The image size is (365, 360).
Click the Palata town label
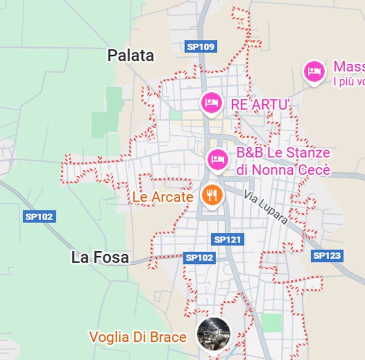pos(130,55)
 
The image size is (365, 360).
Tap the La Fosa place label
pos(100,257)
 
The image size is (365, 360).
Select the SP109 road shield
pos(201,46)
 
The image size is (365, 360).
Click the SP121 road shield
pos(228,240)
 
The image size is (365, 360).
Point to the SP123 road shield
pos(327,255)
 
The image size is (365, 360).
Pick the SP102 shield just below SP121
pos(199,257)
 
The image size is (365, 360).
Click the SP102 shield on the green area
pos(40,217)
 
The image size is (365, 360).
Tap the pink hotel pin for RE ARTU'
pos(211,102)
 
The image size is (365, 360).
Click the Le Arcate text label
pos(162,197)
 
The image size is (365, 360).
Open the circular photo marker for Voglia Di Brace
pos(213,334)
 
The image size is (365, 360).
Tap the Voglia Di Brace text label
pos(138,337)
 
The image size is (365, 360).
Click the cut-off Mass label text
pos(349,67)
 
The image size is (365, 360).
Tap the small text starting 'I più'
pos(349,82)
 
